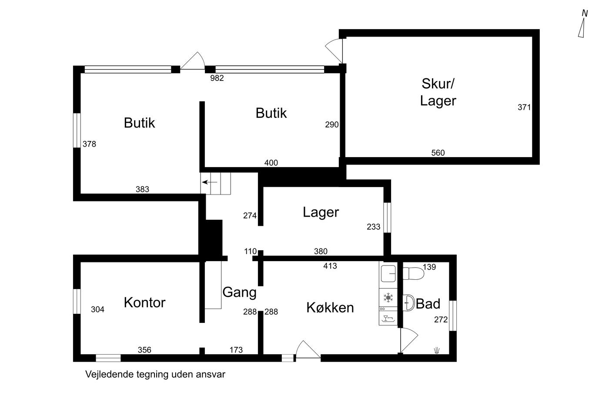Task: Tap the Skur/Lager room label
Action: (438, 92)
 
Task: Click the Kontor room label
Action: (144, 302)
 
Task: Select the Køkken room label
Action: (330, 308)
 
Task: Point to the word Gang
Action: (239, 293)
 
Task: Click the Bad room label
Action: (428, 303)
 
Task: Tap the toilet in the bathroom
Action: (413, 273)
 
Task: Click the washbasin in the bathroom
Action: (408, 303)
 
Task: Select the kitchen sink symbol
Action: (388, 274)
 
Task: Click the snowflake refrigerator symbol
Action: (388, 298)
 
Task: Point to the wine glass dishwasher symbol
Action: (388, 319)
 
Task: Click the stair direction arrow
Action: (210, 182)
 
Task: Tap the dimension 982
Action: (217, 78)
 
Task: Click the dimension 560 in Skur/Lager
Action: (438, 153)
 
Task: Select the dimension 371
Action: (524, 107)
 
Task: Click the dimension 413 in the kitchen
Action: (330, 266)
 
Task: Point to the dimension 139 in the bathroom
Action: (429, 267)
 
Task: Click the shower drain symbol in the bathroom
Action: (437, 350)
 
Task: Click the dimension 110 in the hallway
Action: (251, 251)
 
